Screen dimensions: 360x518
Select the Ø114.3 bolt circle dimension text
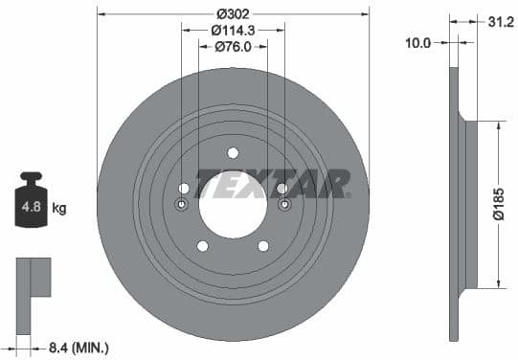point(233,30)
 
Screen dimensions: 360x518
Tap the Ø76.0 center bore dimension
point(233,46)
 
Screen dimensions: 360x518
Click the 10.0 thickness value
point(419,42)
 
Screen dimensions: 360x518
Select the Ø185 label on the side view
point(499,204)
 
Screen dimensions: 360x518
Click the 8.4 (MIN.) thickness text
point(79,348)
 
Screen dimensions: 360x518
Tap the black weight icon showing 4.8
point(32,202)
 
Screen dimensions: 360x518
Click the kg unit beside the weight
point(59,208)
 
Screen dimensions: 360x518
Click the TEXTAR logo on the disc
point(272,183)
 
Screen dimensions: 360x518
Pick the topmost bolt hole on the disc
point(233,152)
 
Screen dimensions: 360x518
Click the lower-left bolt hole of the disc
point(202,246)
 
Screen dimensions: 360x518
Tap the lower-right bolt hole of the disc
point(263,246)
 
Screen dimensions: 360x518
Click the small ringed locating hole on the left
point(184,205)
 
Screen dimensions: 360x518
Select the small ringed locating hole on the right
point(282,205)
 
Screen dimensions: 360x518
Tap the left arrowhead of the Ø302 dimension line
point(101,13)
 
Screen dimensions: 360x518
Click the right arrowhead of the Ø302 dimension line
point(365,13)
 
